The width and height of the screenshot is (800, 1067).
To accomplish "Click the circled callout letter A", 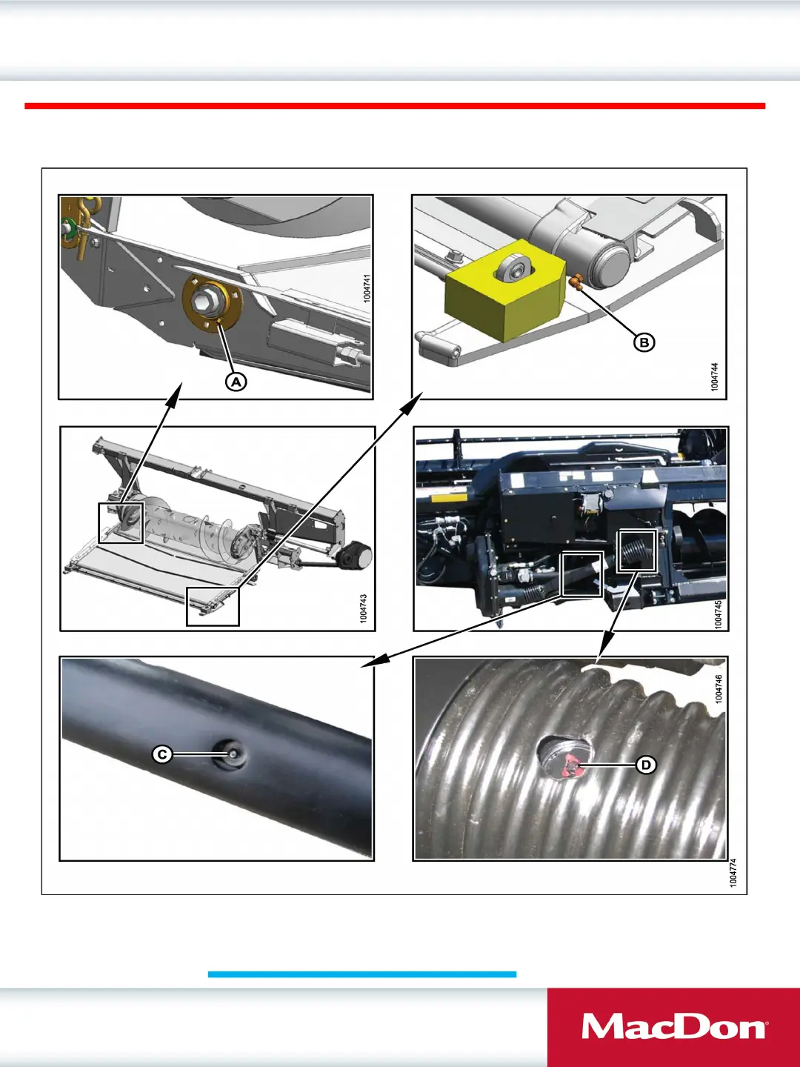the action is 236,382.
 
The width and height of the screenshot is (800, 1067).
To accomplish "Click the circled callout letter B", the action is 644,343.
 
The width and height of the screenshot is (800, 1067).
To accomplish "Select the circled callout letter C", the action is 162,754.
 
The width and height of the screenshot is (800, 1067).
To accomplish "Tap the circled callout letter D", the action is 646,765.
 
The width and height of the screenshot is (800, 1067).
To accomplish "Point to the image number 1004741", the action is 367,288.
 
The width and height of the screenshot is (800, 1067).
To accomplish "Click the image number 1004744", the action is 714,376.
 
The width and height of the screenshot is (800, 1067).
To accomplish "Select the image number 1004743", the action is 364,608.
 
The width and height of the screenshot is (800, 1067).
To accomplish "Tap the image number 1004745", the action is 719,614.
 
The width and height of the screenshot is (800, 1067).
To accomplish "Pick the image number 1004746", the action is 719,689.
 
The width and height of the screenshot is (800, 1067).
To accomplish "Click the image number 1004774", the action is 733,873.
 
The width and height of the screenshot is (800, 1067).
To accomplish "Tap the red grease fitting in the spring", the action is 572,765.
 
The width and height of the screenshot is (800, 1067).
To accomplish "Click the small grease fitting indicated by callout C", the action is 233,754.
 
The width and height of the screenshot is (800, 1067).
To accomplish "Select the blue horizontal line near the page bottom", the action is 362,974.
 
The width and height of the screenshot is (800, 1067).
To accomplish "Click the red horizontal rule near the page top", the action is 395,105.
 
